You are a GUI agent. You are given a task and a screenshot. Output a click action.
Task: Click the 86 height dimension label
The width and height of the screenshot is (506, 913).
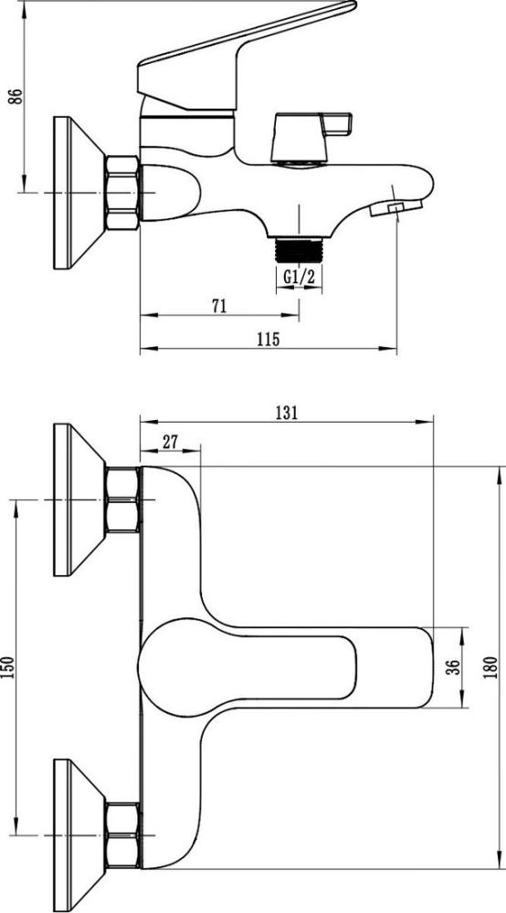(17, 96)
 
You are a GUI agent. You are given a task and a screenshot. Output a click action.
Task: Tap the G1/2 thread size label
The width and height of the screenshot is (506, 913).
(299, 278)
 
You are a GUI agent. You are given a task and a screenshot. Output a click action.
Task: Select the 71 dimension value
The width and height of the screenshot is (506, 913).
(219, 306)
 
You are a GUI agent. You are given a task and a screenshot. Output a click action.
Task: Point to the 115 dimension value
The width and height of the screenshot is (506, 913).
(269, 339)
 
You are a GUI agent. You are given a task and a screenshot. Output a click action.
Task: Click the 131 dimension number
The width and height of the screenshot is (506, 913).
(287, 413)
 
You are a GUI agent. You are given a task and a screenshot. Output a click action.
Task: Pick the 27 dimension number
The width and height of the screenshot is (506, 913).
(170, 442)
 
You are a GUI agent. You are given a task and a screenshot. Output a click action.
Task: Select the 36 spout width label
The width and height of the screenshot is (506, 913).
(456, 667)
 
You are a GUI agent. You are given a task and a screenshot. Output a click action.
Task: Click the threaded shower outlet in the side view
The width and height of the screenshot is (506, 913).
(299, 250)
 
